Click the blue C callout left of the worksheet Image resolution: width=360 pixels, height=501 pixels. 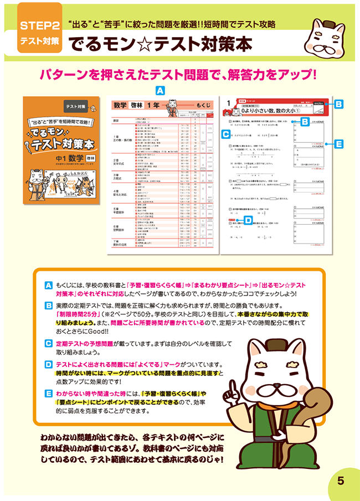click(225, 133)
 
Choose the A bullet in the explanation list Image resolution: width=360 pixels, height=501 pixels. click(48, 285)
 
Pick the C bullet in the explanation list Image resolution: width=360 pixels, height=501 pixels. click(48, 343)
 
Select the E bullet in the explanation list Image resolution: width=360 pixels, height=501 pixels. click(48, 392)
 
